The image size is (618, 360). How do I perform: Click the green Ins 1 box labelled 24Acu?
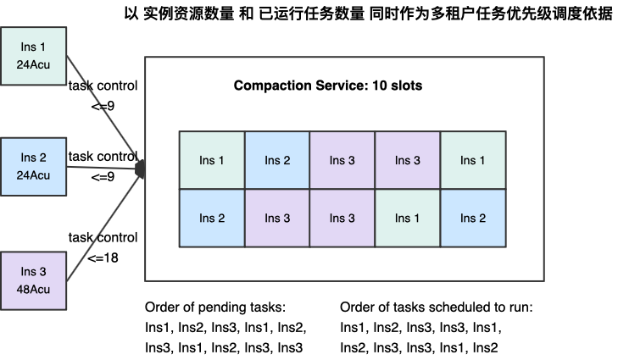tap(33, 56)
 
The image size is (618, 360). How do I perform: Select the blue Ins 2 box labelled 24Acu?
tap(33, 167)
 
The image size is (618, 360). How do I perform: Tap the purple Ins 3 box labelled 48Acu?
tap(33, 280)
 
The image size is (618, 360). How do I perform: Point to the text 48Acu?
tap(34, 290)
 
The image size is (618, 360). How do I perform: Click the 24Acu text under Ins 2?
tap(34, 176)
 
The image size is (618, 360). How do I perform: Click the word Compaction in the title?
tap(268, 86)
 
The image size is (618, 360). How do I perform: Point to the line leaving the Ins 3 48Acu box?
tap(102, 224)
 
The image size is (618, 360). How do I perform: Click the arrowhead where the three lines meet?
tap(141, 169)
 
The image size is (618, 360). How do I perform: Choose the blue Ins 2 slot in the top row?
tap(277, 160)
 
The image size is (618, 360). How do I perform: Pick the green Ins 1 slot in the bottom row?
tap(408, 218)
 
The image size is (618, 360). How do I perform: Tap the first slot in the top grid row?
tap(212, 160)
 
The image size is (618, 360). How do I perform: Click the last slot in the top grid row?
tap(473, 160)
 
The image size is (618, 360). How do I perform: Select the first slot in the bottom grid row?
tap(212, 218)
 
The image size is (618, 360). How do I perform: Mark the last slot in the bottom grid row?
tap(473, 218)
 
